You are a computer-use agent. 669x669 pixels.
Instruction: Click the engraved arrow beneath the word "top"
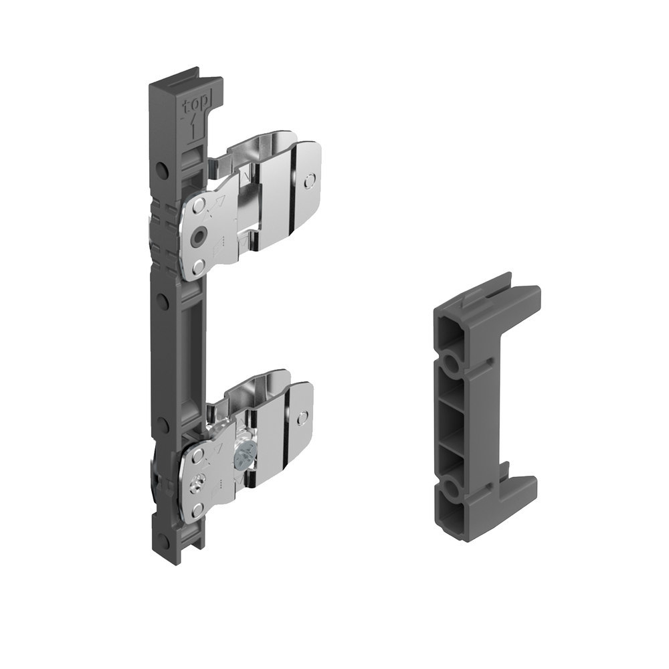(x=193, y=125)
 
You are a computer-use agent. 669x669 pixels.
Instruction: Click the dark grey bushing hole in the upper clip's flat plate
(x=198, y=236)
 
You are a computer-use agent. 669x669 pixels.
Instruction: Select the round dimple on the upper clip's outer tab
(x=308, y=181)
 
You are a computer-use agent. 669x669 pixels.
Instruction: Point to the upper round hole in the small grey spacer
(x=450, y=365)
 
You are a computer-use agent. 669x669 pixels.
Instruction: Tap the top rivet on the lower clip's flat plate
(x=195, y=454)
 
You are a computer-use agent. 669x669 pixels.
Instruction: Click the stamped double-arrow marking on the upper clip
(x=215, y=207)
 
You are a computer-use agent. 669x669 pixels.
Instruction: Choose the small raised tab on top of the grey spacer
(x=468, y=304)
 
